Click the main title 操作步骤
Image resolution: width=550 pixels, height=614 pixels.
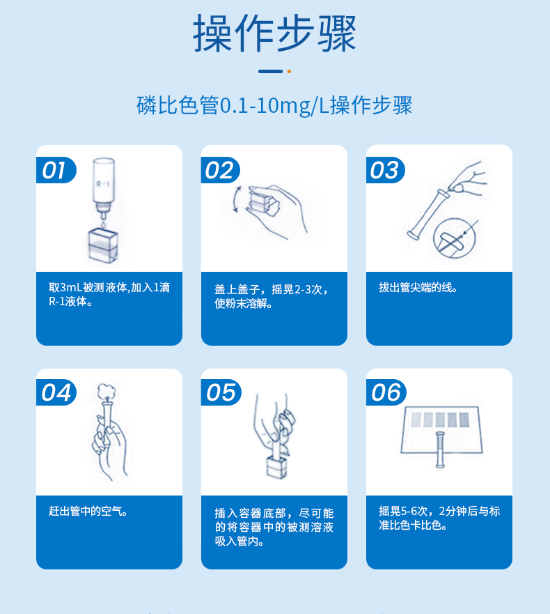[274, 33]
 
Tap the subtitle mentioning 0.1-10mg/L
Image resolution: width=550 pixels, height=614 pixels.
[274, 106]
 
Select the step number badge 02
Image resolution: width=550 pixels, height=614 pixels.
[219, 170]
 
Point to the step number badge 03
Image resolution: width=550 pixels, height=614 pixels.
[384, 170]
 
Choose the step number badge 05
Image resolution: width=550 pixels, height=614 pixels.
[221, 392]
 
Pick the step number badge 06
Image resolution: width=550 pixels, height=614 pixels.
[386, 392]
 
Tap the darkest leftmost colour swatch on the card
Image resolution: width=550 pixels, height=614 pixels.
[416, 420]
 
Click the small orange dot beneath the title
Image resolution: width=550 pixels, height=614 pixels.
[289, 71]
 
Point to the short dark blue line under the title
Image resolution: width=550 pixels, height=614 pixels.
[270, 71]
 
